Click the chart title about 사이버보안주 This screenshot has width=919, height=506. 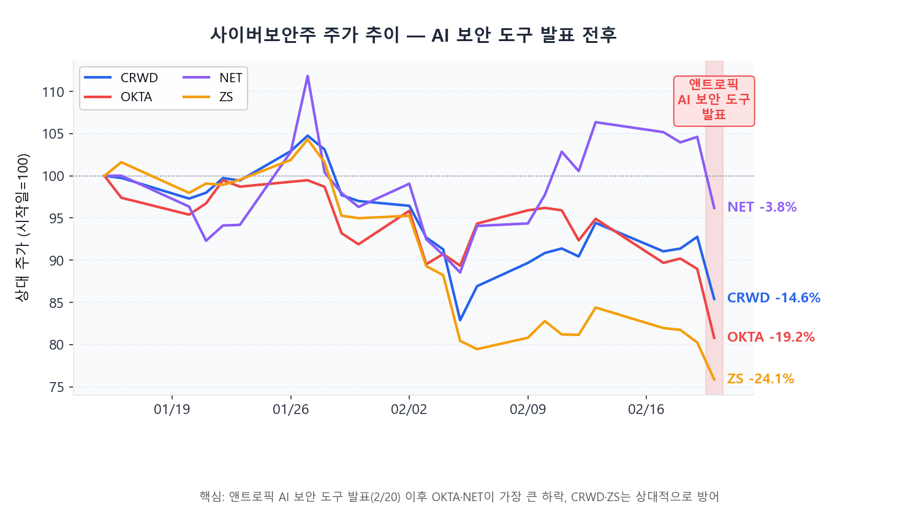[413, 35]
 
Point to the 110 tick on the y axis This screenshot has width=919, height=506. [53, 92]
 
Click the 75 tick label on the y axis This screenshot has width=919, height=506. [57, 387]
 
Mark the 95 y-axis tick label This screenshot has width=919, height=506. [57, 218]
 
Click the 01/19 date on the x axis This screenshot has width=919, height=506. [172, 410]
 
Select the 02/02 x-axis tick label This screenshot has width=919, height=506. [409, 410]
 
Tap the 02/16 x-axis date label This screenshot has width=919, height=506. [646, 410]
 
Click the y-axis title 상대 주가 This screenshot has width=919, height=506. [23, 228]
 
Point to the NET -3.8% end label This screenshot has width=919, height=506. [762, 207]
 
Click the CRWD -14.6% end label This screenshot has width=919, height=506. [773, 298]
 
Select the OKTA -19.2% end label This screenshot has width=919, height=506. [771, 337]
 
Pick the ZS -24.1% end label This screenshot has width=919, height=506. [760, 379]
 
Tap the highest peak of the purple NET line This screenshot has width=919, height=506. [307, 76]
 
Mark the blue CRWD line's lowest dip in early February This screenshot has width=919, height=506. [460, 320]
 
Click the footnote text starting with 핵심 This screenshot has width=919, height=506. [459, 496]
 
